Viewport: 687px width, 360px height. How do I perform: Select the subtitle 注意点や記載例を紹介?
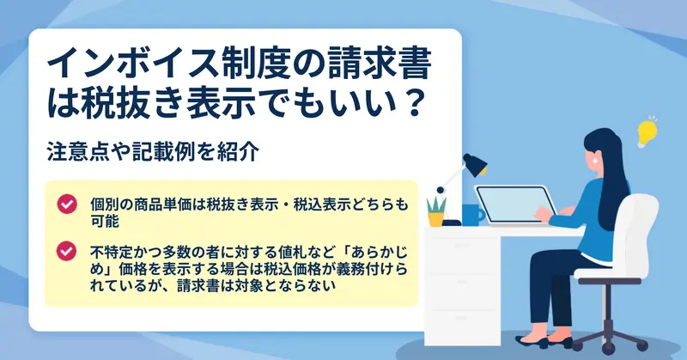(153, 152)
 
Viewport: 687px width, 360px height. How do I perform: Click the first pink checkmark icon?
(67, 204)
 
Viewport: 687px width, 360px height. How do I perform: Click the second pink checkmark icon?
(67, 251)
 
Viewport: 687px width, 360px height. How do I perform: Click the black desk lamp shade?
(475, 164)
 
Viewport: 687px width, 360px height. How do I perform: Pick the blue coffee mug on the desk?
(472, 215)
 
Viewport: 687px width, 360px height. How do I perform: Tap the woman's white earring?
(595, 161)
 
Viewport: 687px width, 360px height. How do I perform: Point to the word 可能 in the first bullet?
(104, 221)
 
